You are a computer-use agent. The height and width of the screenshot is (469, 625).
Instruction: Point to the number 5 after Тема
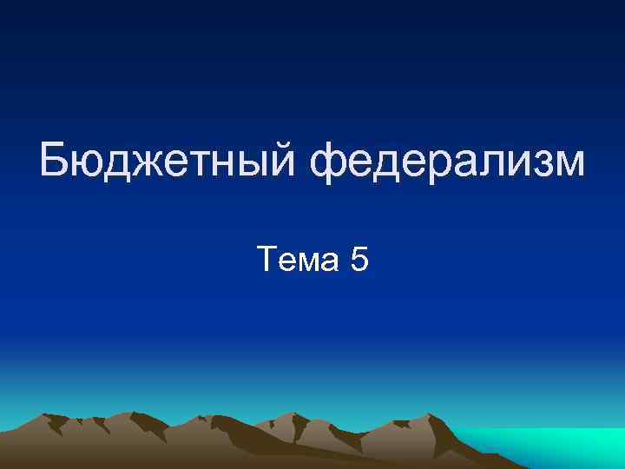tap(359, 258)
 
